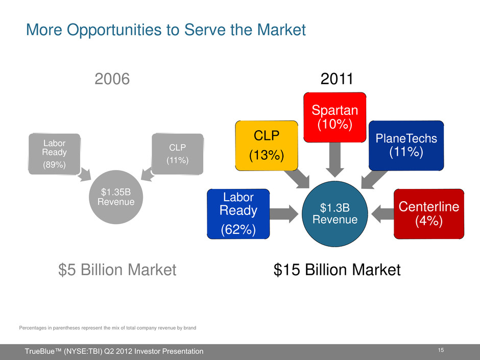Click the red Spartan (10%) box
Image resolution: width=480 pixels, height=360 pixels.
click(x=335, y=117)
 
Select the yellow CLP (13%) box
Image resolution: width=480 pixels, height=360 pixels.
click(x=267, y=146)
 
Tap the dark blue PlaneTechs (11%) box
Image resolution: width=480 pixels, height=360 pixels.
click(x=406, y=146)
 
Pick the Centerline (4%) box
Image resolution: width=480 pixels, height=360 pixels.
click(x=429, y=214)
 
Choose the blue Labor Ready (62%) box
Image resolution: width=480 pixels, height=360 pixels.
click(x=238, y=214)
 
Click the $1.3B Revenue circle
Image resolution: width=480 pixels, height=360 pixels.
click(x=335, y=214)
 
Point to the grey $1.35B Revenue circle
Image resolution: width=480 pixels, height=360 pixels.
click(x=116, y=197)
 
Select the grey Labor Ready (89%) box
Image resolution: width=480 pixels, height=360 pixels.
click(x=55, y=154)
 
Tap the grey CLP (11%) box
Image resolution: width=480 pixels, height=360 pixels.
click(x=178, y=154)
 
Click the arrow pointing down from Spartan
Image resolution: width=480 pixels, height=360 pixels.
click(x=335, y=160)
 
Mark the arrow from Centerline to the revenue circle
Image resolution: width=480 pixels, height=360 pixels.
click(x=382, y=214)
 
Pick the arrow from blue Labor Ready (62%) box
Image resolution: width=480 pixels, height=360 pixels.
click(x=284, y=214)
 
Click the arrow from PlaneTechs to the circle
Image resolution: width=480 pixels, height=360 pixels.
click(x=374, y=180)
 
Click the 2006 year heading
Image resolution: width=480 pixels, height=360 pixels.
click(x=112, y=79)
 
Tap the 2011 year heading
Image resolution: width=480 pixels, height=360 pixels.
click(x=337, y=79)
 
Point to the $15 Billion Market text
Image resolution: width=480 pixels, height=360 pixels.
click(x=337, y=270)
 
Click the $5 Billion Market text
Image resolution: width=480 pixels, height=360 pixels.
click(x=117, y=270)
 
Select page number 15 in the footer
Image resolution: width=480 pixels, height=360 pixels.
click(x=441, y=350)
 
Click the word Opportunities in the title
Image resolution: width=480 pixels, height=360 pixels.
click(x=114, y=30)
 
